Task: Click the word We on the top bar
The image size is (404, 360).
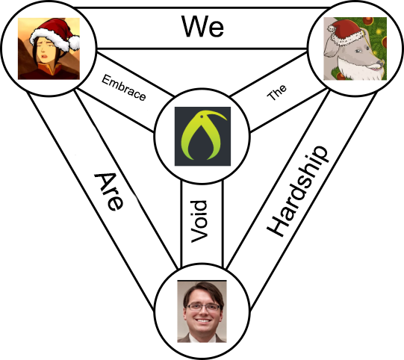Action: [x=202, y=26]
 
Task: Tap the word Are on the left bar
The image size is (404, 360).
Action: [x=109, y=192]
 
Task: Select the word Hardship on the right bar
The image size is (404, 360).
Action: [x=298, y=191]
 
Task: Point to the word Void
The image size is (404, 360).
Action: [x=199, y=222]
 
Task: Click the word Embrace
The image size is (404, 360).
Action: [x=124, y=87]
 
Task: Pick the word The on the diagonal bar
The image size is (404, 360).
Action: [x=276, y=93]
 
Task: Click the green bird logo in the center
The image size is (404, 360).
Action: [x=203, y=137]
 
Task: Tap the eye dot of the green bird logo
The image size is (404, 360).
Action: [x=202, y=117]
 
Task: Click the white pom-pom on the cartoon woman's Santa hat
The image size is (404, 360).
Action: [x=75, y=43]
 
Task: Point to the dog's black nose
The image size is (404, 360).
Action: [x=380, y=63]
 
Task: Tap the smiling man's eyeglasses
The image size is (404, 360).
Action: [x=203, y=307]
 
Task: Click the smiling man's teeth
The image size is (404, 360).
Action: [x=203, y=321]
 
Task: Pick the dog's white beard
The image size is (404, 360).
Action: [x=353, y=69]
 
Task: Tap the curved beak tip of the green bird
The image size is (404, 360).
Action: [x=226, y=119]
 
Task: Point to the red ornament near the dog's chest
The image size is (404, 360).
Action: [x=341, y=76]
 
